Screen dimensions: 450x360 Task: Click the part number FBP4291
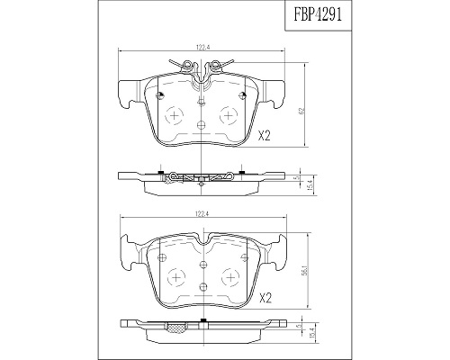click(318, 15)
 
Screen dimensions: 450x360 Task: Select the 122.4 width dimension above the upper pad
click(202, 47)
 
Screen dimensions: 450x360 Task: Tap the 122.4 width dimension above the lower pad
click(202, 214)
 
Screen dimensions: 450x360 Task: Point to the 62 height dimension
click(302, 112)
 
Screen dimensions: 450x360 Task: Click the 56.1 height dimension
click(305, 272)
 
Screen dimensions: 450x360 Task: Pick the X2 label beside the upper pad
click(265, 137)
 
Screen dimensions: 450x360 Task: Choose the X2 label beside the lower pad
click(265, 298)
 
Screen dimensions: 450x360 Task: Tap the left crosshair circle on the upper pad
click(174, 116)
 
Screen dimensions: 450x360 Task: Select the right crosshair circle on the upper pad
click(229, 116)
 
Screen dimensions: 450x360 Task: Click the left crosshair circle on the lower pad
click(176, 277)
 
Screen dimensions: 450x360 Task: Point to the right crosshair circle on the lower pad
click(230, 277)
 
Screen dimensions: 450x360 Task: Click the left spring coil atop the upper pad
click(187, 64)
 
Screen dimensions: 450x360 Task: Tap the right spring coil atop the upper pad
click(214, 64)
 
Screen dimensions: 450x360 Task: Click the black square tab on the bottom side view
click(203, 320)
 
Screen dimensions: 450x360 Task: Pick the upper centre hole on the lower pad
click(203, 265)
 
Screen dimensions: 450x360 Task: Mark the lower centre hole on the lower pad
click(203, 286)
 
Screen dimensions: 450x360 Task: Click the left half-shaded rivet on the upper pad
click(160, 95)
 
